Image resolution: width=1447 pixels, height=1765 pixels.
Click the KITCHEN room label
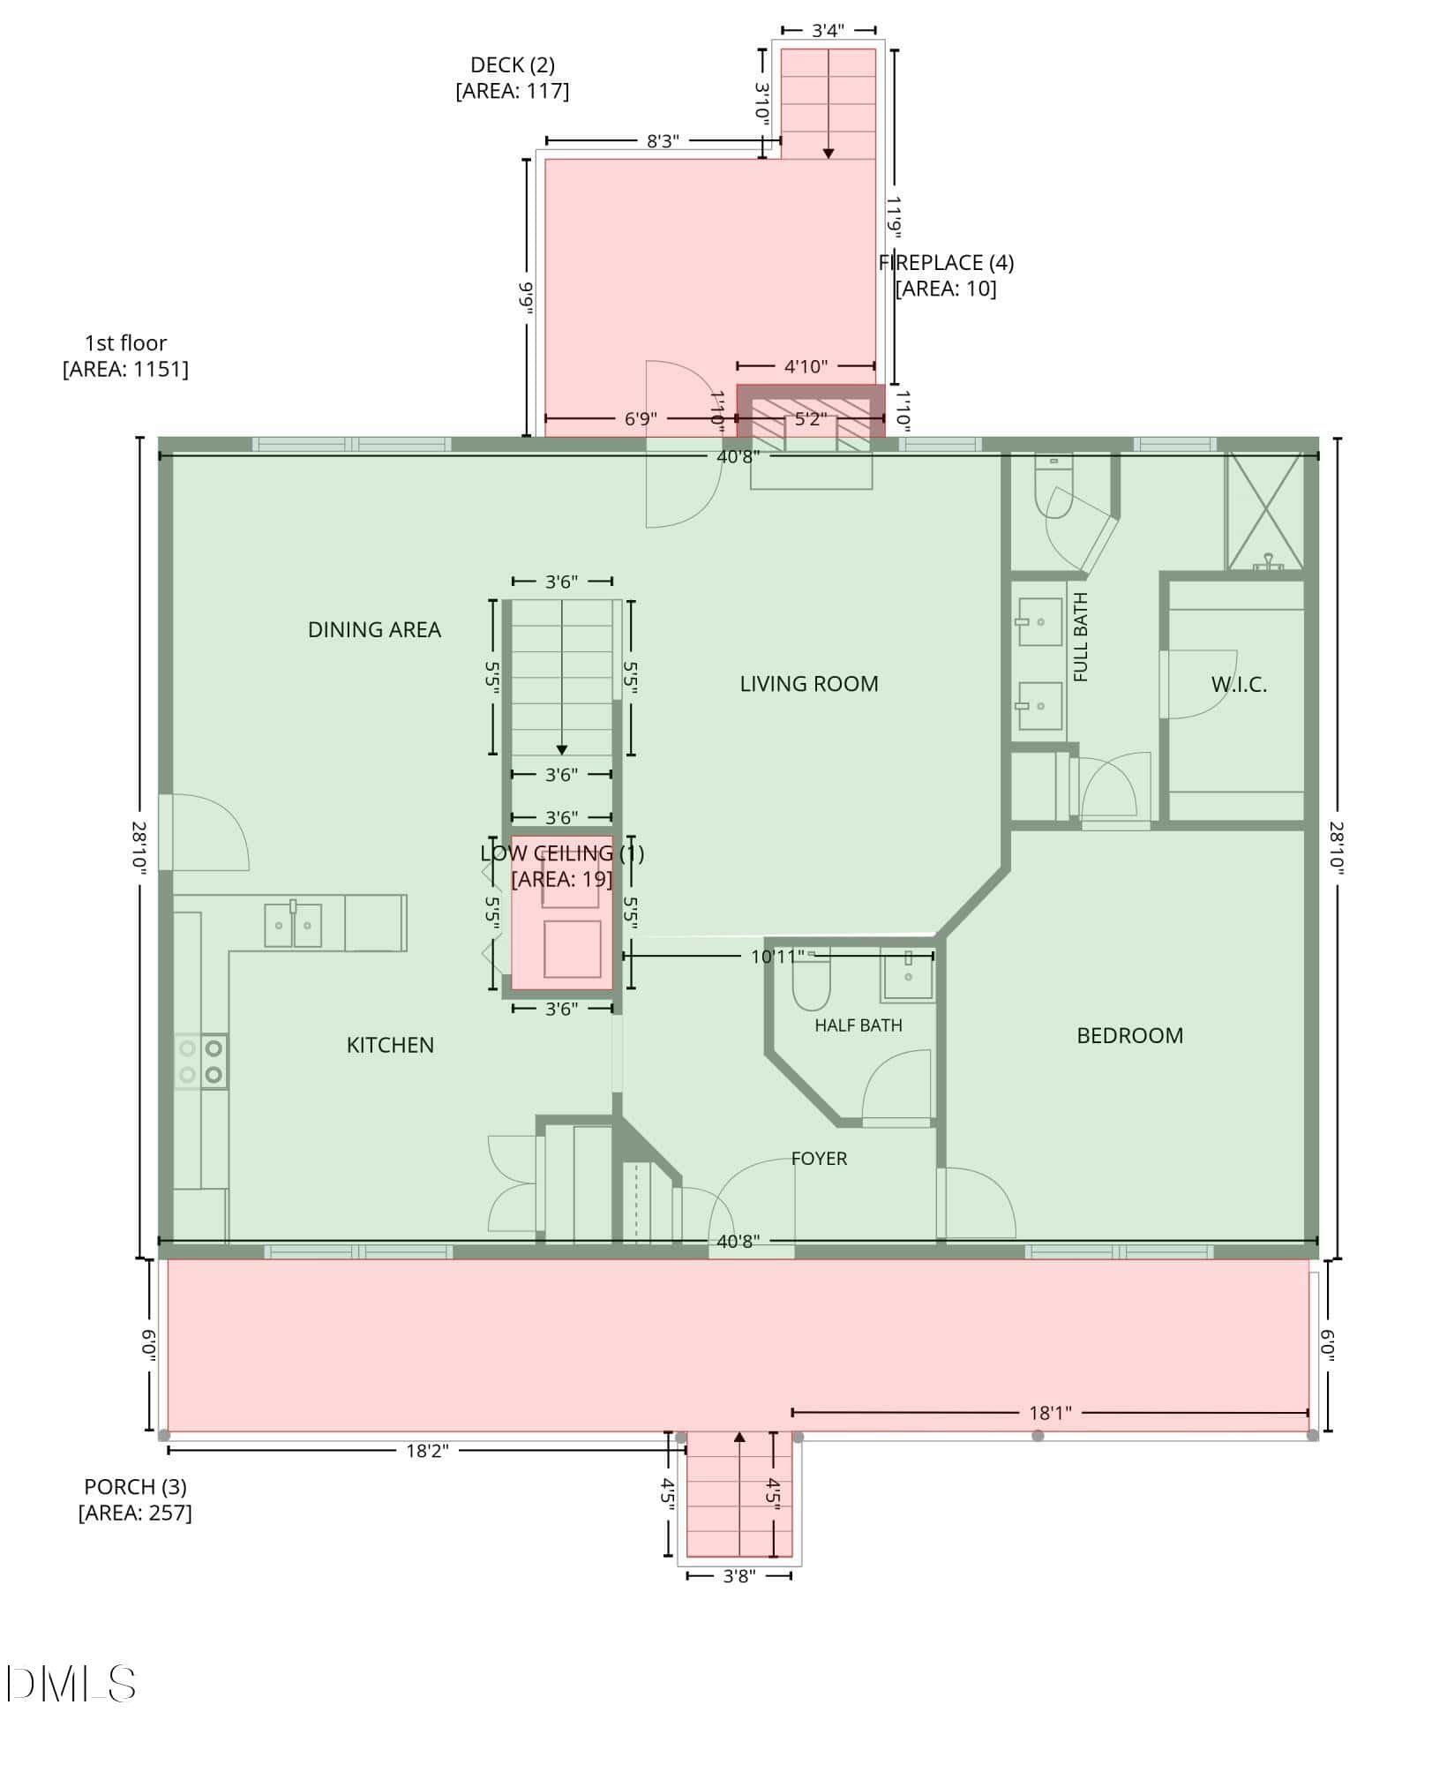(x=390, y=1045)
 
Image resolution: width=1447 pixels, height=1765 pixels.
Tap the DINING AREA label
(x=374, y=629)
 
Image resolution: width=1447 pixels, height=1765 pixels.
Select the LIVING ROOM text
(x=809, y=683)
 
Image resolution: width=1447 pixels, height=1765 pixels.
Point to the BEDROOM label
(x=1130, y=1035)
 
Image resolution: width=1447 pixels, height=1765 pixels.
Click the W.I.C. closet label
(x=1239, y=684)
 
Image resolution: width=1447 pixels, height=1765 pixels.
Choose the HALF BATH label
(x=858, y=1025)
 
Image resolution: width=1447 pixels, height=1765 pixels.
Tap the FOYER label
(x=819, y=1158)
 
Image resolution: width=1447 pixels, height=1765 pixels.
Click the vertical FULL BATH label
(x=1081, y=637)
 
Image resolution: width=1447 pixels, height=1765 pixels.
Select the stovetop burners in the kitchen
(x=201, y=1062)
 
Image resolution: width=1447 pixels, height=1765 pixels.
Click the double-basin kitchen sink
(x=293, y=924)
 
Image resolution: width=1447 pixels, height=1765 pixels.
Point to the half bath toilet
(x=812, y=981)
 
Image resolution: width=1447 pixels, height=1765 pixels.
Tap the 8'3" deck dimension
(x=662, y=141)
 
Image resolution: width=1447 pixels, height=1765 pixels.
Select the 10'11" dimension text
(x=777, y=956)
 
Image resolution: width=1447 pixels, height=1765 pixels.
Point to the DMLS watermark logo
(x=71, y=1684)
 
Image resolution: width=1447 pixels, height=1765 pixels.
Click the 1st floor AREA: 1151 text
(x=125, y=356)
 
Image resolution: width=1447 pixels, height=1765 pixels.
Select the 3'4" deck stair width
(x=828, y=31)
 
